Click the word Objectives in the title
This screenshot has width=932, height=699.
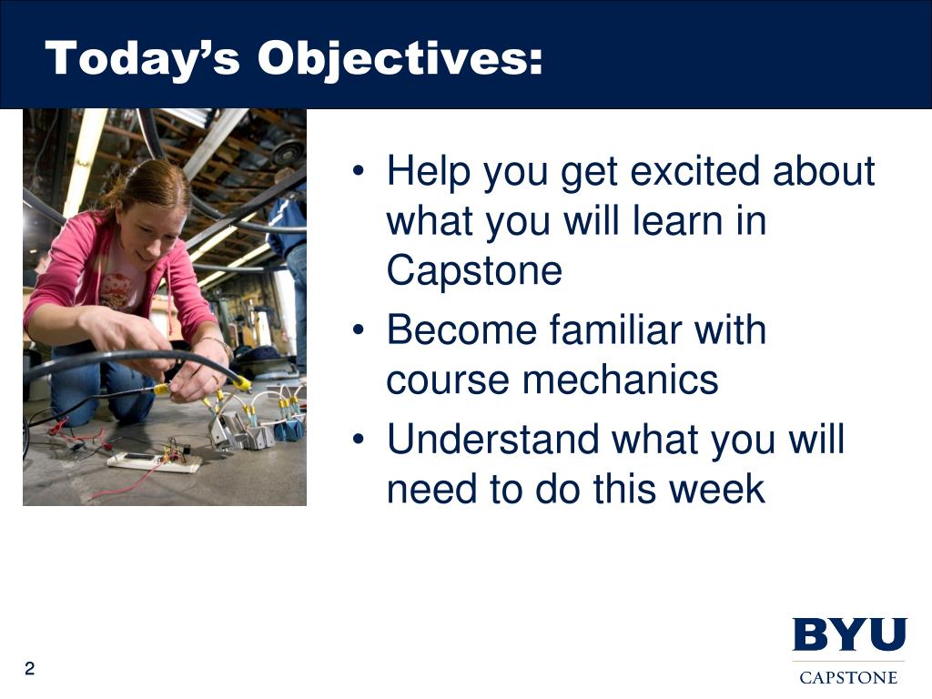pyautogui.click(x=400, y=59)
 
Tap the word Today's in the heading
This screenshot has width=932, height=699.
pyautogui.click(x=143, y=59)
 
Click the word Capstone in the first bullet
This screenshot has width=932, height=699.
pyautogui.click(x=474, y=271)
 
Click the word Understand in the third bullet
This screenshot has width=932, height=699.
pyautogui.click(x=492, y=440)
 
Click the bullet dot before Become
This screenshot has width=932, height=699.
pyautogui.click(x=358, y=329)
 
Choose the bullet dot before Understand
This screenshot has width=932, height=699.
pyautogui.click(x=358, y=440)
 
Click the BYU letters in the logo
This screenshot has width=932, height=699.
pyautogui.click(x=849, y=634)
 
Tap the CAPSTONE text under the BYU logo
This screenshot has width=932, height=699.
pyautogui.click(x=848, y=677)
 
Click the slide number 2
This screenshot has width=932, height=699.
pyautogui.click(x=30, y=669)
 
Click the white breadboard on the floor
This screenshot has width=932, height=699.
pyautogui.click(x=153, y=462)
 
